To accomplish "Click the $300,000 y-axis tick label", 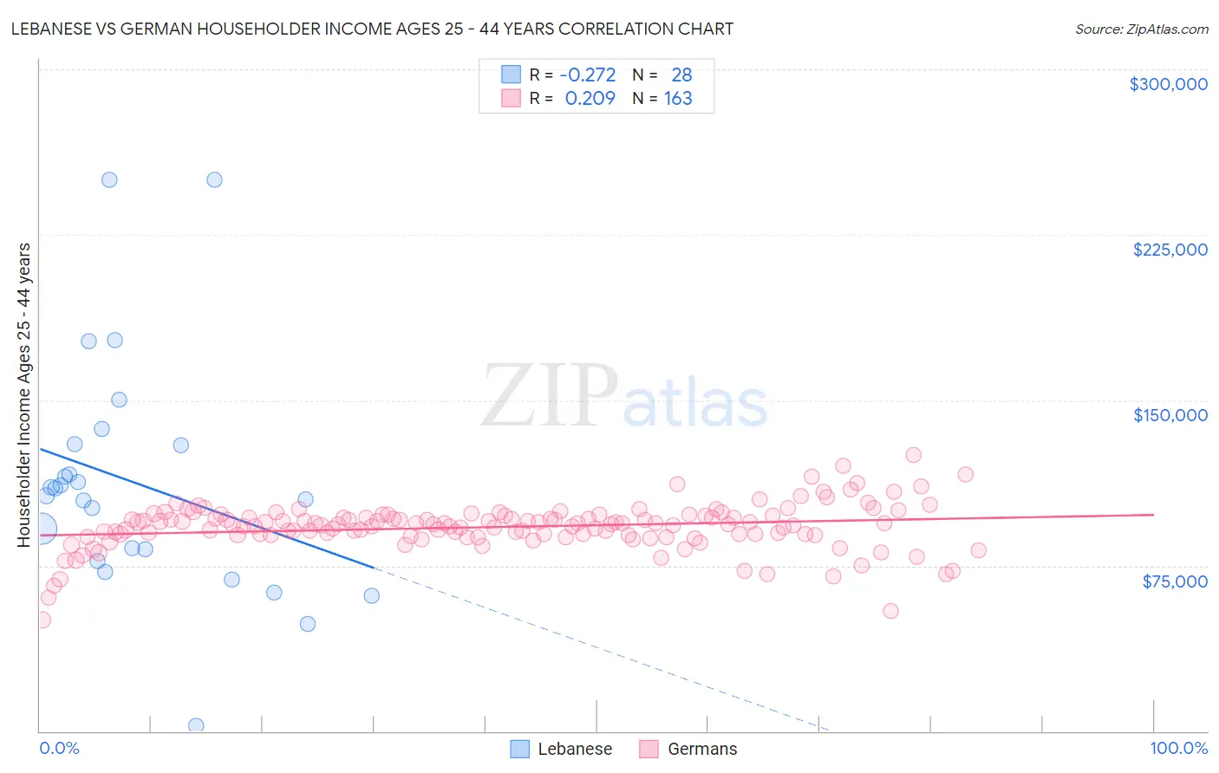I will click(1168, 84).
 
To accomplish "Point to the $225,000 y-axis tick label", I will click(1170, 250).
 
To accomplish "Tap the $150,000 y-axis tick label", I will click(1170, 415).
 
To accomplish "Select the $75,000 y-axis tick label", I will click(1174, 581).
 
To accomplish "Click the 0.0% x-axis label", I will click(59, 748).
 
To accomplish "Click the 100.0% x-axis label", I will click(1178, 748).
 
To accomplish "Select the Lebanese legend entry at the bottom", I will click(574, 749).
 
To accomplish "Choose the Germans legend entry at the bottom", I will click(701, 749).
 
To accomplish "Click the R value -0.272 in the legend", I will click(587, 75).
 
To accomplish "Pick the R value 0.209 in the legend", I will click(590, 99).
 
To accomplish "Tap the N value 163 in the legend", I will click(678, 99).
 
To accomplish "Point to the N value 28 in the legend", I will click(681, 75).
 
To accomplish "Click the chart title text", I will click(372, 29).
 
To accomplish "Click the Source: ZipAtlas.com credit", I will click(1141, 29).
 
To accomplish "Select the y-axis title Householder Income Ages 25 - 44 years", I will click(23, 394).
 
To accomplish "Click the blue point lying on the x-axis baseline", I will click(196, 725).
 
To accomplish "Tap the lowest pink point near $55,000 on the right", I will click(890, 611).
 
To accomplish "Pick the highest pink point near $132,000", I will click(913, 455).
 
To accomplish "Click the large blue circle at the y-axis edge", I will click(41, 529).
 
